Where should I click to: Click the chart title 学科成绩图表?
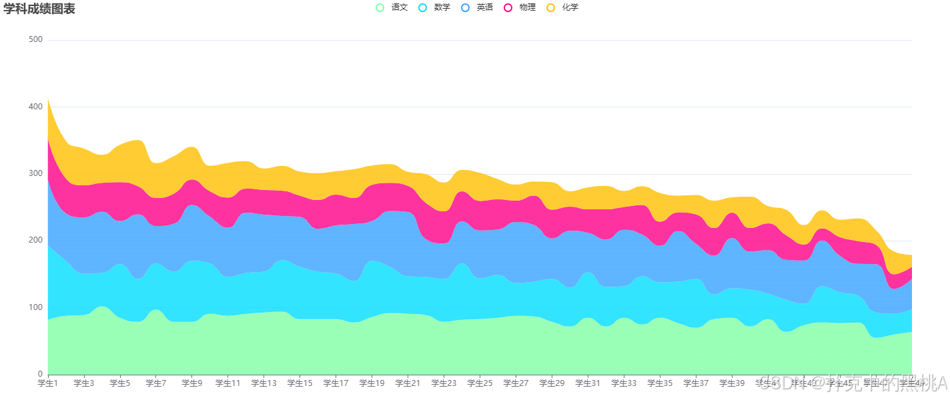pyautogui.click(x=39, y=9)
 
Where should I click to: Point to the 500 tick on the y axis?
pyautogui.click(x=36, y=40)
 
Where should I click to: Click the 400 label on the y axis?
pyautogui.click(x=36, y=107)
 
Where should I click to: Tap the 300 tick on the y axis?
pyautogui.click(x=36, y=173)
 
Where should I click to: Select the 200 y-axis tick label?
pyautogui.click(x=36, y=240)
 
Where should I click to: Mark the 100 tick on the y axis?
pyautogui.click(x=36, y=307)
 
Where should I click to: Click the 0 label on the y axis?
pyautogui.click(x=40, y=374)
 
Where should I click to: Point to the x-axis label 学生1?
pyautogui.click(x=48, y=383)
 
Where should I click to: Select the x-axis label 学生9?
pyautogui.click(x=192, y=383)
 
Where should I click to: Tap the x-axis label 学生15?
pyautogui.click(x=300, y=383)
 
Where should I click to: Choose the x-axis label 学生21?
pyautogui.click(x=408, y=383)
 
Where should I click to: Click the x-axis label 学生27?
pyautogui.click(x=516, y=383)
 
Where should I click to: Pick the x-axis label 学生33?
pyautogui.click(x=624, y=383)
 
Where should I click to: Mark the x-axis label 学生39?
pyautogui.click(x=733, y=383)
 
